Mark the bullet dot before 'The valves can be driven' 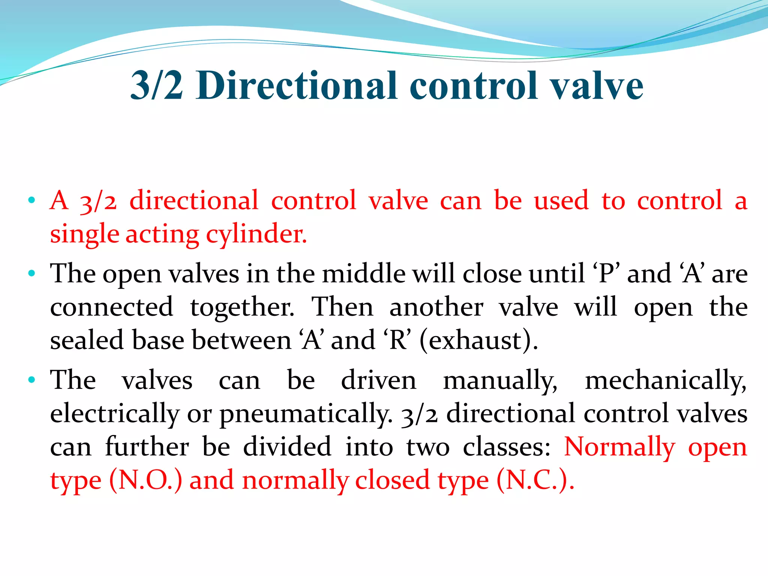point(32,379)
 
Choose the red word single point(85,234)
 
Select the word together point(242,307)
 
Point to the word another point(436,307)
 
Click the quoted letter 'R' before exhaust point(398,340)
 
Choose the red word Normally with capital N point(619,447)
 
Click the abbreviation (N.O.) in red point(146,480)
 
